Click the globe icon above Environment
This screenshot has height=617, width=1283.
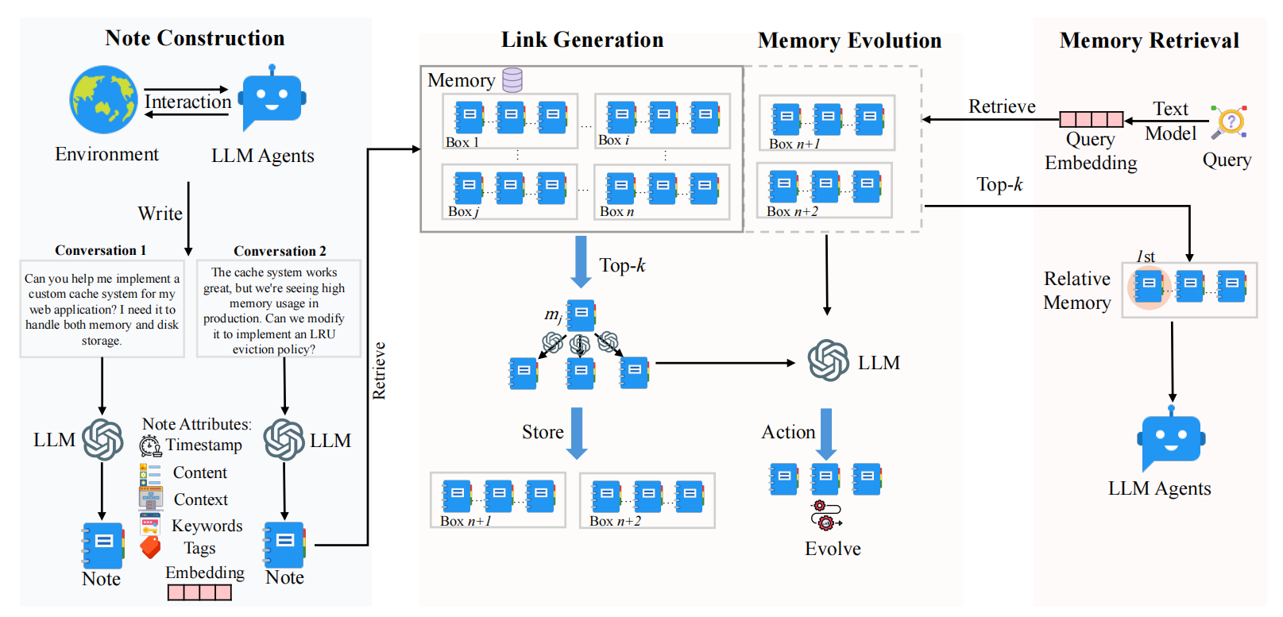click(103, 99)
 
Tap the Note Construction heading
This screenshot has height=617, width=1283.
click(195, 38)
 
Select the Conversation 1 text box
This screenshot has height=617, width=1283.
click(102, 309)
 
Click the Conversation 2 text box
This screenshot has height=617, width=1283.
click(278, 309)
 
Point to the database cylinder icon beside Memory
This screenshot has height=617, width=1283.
click(512, 79)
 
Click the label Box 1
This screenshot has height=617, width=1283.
click(462, 142)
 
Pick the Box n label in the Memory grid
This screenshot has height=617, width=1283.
click(616, 211)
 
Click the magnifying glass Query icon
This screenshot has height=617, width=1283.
click(1229, 122)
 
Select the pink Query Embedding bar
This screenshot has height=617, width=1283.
click(1092, 119)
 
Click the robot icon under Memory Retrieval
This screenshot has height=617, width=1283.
click(1172, 441)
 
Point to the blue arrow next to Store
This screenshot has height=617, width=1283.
click(578, 433)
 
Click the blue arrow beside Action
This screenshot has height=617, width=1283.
click(826, 434)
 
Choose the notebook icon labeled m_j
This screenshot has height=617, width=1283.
click(581, 315)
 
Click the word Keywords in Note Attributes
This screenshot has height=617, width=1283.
click(207, 526)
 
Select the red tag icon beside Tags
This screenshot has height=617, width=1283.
click(150, 547)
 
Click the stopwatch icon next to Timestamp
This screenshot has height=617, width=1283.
click(150, 445)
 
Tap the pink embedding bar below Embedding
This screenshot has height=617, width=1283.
click(199, 592)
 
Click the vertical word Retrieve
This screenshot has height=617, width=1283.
click(379, 370)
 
